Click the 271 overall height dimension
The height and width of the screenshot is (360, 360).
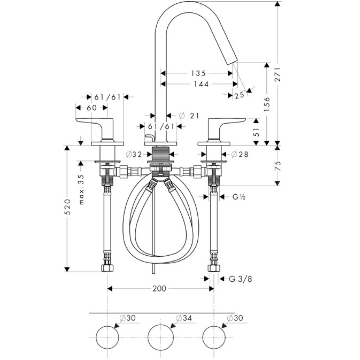(277, 74)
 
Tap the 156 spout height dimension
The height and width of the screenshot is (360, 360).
(267, 104)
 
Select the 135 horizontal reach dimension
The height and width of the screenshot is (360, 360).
(198, 73)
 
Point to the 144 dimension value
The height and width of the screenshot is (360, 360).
(201, 84)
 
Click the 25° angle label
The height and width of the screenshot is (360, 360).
(240, 95)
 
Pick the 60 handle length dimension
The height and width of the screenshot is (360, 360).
(91, 108)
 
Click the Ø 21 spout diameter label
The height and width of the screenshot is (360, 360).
(189, 116)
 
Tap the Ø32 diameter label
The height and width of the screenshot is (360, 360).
(134, 154)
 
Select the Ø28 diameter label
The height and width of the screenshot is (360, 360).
(240, 154)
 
